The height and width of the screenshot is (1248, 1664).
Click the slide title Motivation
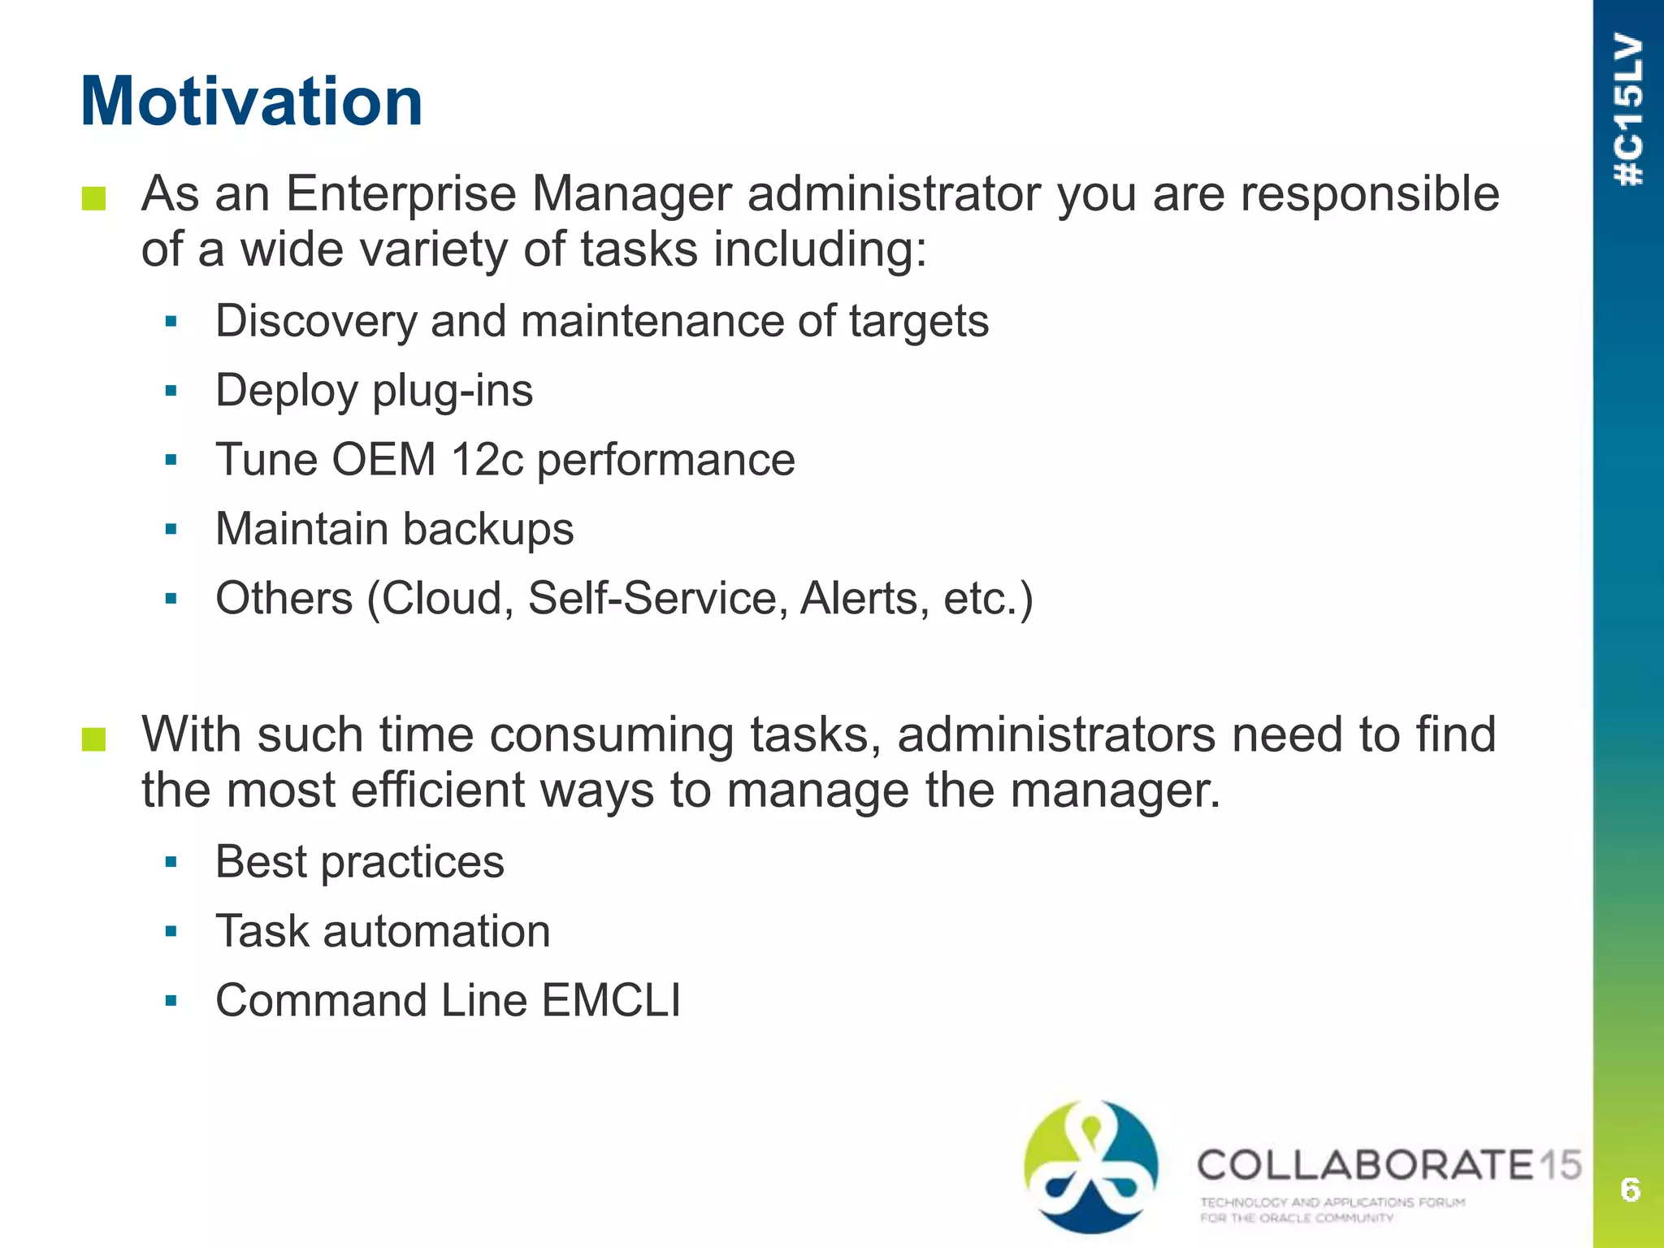click(x=252, y=102)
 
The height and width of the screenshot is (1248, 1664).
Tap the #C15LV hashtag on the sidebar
click(x=1628, y=110)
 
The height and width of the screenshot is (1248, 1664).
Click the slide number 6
click(x=1630, y=1189)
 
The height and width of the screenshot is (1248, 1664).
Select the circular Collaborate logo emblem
click(x=1091, y=1166)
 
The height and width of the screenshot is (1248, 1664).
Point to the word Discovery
click(x=315, y=321)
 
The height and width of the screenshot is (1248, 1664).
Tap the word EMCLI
click(x=611, y=1000)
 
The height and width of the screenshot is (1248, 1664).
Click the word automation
click(x=436, y=931)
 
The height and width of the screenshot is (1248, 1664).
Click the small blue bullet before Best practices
click(x=171, y=862)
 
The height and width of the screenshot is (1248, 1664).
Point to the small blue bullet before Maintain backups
click(x=171, y=530)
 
